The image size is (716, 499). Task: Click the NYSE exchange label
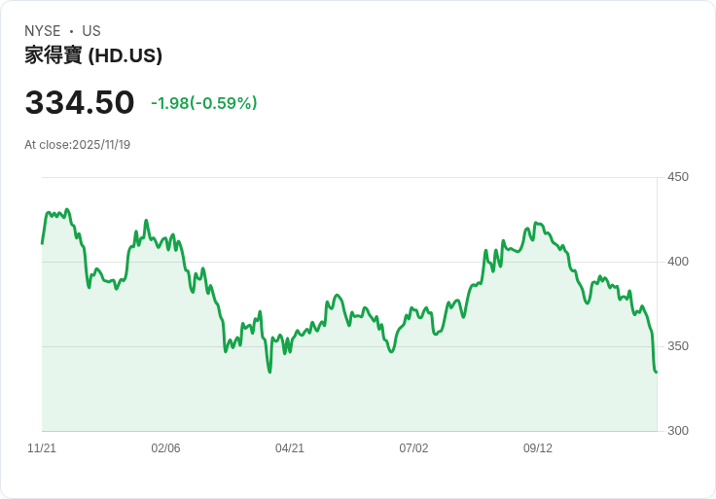(x=43, y=31)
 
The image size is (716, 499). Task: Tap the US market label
(x=91, y=31)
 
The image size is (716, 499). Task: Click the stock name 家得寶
(x=54, y=56)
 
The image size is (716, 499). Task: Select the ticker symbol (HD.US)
(x=125, y=56)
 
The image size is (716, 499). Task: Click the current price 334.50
(x=80, y=103)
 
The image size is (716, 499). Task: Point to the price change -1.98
(x=169, y=103)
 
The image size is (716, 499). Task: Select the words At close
(x=46, y=145)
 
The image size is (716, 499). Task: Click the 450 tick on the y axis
(x=678, y=177)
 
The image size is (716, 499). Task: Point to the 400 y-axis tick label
(x=678, y=262)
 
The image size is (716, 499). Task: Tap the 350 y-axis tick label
(x=678, y=346)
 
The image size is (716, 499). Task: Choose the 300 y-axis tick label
(x=678, y=431)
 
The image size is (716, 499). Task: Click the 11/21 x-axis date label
(x=42, y=448)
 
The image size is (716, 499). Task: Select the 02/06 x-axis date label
(x=165, y=448)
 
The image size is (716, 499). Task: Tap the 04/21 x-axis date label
(x=290, y=448)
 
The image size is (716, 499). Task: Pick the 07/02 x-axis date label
(x=413, y=448)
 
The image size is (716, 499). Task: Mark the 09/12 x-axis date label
(x=538, y=448)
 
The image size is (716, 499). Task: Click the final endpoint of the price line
(x=657, y=372)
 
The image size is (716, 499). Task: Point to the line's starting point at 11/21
(x=42, y=243)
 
